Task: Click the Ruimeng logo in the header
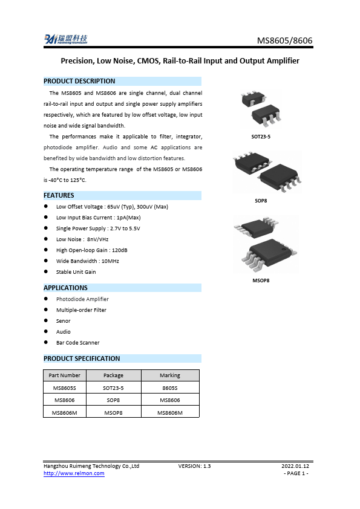point(66,39)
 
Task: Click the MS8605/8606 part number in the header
point(285,41)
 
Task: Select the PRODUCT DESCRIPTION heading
point(79,81)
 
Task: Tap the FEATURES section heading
point(59,195)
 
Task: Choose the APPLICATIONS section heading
point(65,288)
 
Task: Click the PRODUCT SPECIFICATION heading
point(82,358)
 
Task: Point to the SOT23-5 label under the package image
point(261,137)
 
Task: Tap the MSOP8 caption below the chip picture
point(261,280)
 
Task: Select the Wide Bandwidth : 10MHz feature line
point(87,261)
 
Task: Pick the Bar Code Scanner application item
point(77,343)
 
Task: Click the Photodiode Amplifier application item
point(82,299)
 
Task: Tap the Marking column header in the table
point(170,375)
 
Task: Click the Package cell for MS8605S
point(113,387)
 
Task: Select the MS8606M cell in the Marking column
point(170,412)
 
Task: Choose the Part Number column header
point(64,375)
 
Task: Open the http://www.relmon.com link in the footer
point(74,473)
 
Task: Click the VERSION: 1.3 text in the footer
point(194,466)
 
